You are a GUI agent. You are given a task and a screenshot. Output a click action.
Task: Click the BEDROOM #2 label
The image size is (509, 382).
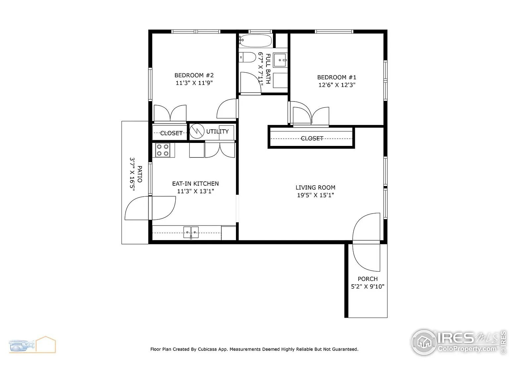194,75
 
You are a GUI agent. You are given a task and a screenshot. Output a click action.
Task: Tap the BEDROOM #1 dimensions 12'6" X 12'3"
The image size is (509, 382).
337,85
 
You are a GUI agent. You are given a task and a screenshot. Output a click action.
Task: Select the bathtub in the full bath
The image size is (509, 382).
255,41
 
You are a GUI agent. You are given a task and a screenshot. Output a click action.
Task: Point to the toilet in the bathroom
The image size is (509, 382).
247,57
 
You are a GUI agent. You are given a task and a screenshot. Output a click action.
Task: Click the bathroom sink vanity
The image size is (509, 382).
280,60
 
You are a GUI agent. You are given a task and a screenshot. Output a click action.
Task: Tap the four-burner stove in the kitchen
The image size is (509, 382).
163,150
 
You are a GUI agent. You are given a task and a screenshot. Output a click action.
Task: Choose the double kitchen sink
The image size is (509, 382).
191,232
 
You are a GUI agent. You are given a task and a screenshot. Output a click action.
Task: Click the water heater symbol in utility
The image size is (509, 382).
197,131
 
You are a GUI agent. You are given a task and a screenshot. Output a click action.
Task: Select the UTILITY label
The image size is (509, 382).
217,132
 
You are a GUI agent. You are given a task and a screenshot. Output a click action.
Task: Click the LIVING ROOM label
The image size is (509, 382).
315,187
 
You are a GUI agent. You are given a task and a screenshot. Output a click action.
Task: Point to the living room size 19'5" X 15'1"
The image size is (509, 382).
315,195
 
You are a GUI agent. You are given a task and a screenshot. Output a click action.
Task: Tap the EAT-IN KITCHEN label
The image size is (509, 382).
195,183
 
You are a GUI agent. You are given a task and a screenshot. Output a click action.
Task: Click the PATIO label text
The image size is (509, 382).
140,174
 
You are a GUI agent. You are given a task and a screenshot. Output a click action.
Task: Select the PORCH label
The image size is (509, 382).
368,279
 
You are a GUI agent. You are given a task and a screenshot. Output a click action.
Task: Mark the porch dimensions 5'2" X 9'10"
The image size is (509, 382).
368,286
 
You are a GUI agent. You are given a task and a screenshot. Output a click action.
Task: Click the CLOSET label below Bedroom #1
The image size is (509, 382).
312,139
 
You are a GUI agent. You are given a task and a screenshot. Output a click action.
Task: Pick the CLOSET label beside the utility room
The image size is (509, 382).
171,133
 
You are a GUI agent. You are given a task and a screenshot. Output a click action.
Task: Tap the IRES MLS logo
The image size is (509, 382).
459,342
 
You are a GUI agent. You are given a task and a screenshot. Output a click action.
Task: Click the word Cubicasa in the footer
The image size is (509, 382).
207,349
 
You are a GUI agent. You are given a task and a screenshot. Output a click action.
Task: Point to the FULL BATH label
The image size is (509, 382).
268,69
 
